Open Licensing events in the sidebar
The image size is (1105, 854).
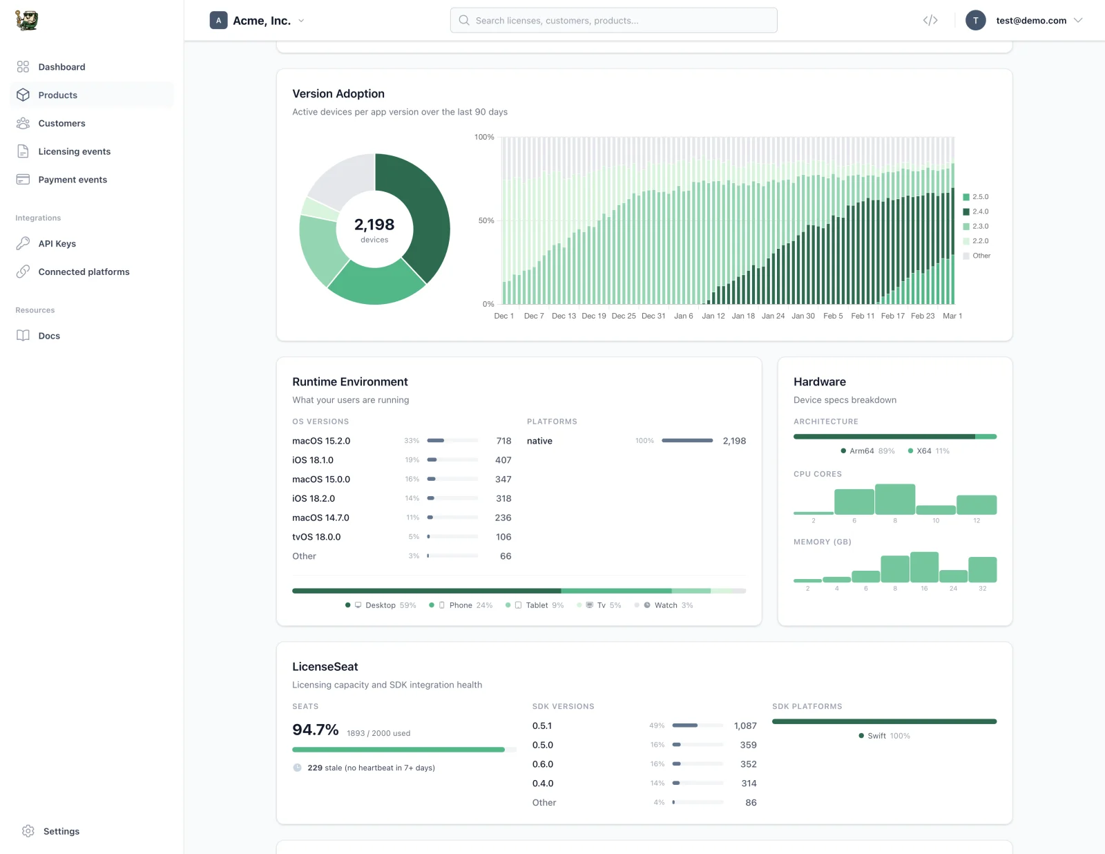tap(74, 151)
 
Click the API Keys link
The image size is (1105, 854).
tap(57, 243)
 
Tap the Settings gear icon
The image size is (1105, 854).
tap(28, 831)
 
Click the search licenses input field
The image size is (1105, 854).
tap(613, 21)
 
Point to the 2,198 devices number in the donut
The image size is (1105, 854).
tap(374, 225)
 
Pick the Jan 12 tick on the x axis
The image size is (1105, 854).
tap(713, 316)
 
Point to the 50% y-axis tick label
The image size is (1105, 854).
tap(486, 220)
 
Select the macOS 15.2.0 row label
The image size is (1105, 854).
tap(321, 441)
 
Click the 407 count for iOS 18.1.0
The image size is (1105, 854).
tap(503, 460)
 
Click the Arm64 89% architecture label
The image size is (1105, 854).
tap(867, 451)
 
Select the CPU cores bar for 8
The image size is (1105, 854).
tap(895, 500)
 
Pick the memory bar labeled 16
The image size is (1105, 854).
tap(924, 567)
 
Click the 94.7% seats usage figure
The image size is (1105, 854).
tap(315, 730)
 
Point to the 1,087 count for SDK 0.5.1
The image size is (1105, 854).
tap(745, 725)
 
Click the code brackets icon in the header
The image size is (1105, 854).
tap(930, 21)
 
